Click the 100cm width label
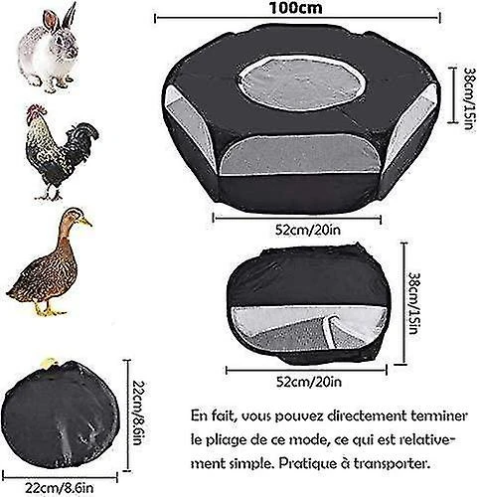tap(296, 8)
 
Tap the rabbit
tap(49, 49)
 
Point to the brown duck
tap(50, 261)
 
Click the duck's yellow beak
tap(86, 222)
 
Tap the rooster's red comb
tap(36, 109)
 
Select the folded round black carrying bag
tap(60, 414)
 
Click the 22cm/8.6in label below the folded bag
tap(60, 488)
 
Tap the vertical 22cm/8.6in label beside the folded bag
tap(138, 414)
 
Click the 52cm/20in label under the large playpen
tap(308, 230)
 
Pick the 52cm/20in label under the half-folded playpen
tap(309, 382)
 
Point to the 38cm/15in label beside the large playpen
tap(471, 98)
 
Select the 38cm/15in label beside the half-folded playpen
tap(416, 303)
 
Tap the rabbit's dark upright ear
tap(70, 16)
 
